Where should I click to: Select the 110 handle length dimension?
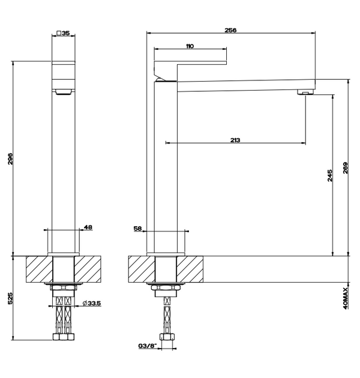[190, 46]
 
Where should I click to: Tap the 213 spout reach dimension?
[235, 140]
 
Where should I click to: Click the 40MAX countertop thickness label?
[345, 296]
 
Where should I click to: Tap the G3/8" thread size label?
[146, 346]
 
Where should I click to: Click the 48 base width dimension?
[88, 227]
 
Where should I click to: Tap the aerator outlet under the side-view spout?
[305, 92]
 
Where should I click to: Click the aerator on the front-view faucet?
[63, 91]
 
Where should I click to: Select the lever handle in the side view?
[190, 67]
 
